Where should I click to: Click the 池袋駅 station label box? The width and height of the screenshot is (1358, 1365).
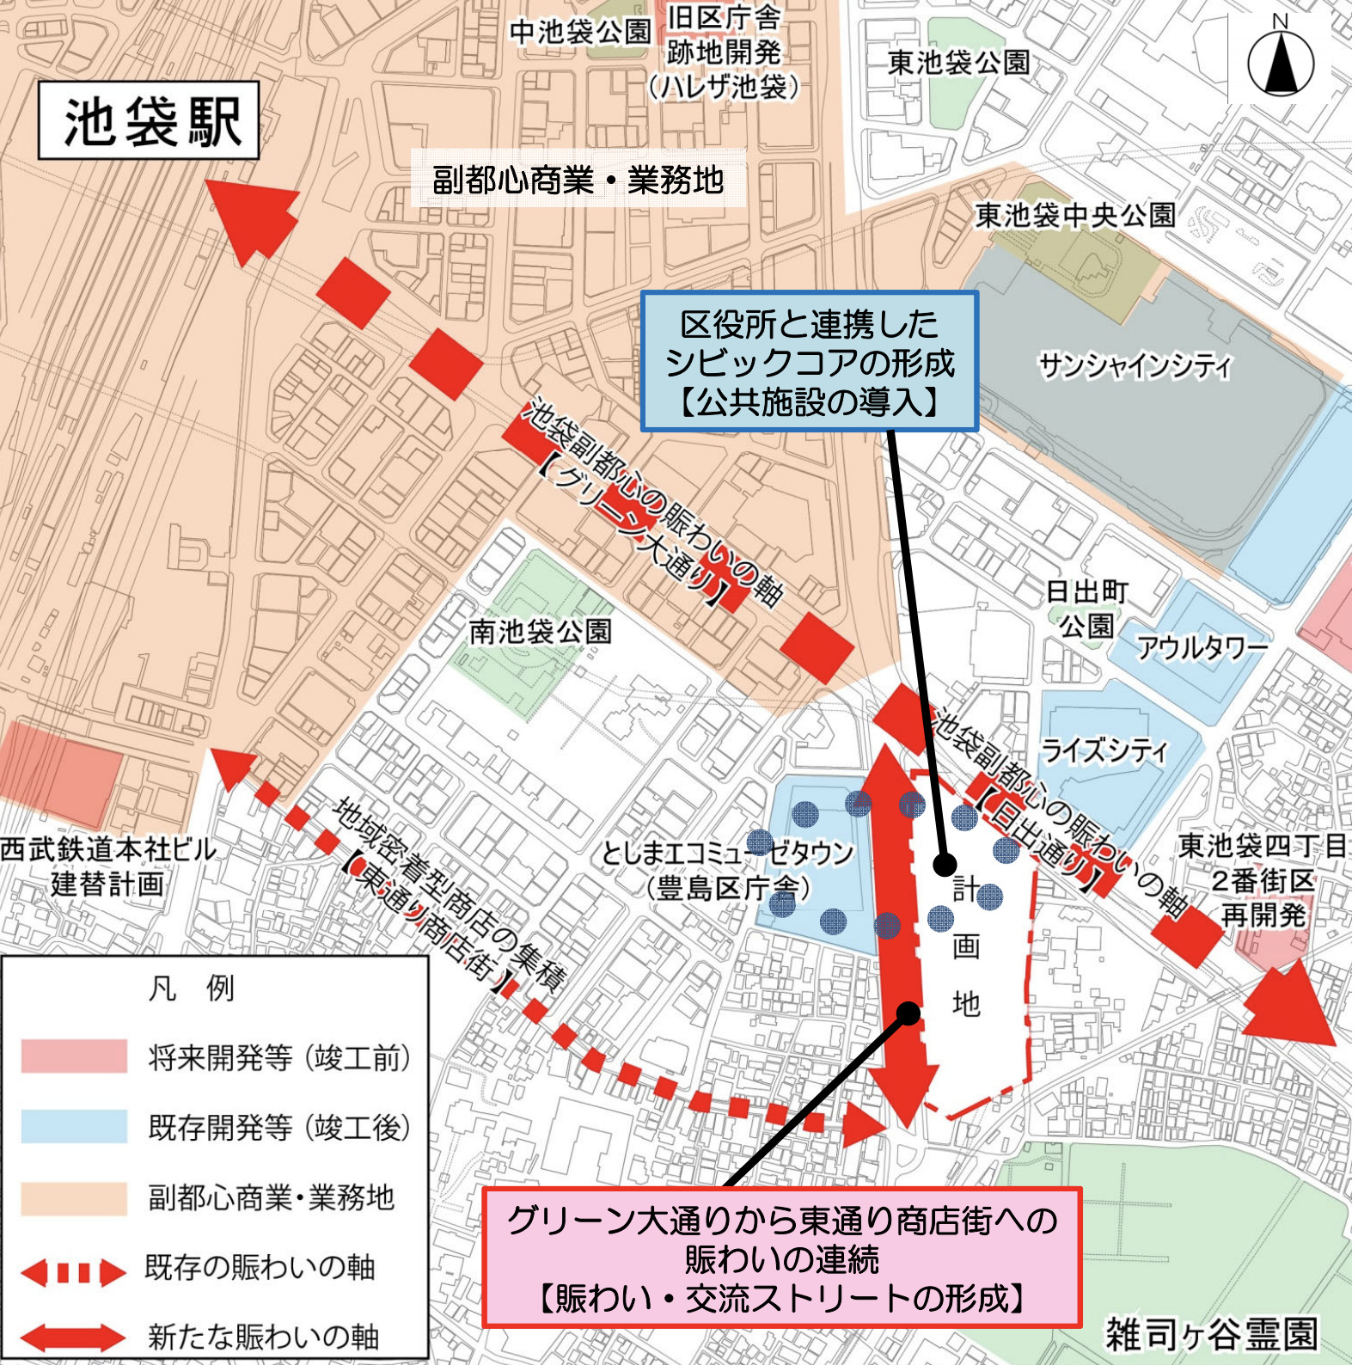coord(149,120)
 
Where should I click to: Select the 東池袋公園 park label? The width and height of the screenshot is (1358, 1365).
coord(958,62)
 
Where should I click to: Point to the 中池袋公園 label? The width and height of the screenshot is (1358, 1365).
coord(580,32)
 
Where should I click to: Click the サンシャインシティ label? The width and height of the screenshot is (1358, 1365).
coord(1135,366)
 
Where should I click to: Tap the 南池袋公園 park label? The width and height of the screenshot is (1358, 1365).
coord(540,632)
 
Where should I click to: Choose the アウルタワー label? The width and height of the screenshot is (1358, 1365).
coord(1202,646)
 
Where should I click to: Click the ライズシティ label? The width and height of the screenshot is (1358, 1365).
coord(1104,750)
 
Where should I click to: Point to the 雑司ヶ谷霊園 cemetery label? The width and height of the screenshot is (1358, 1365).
coord(1210,1335)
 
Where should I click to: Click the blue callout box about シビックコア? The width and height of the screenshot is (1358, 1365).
coord(809,361)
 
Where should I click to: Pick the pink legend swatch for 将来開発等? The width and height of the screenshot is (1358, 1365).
coord(74,1056)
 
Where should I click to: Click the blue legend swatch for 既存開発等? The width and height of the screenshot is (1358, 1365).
coord(74,1126)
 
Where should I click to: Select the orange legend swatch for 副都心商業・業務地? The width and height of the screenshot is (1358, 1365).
coord(74,1197)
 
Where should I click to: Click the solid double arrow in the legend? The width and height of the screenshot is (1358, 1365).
coord(74,1337)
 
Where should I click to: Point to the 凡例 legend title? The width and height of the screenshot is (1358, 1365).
coord(192,989)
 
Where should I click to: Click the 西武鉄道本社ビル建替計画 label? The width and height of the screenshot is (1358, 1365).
coord(107,866)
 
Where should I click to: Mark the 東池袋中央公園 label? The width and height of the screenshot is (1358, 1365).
coord(1074,215)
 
